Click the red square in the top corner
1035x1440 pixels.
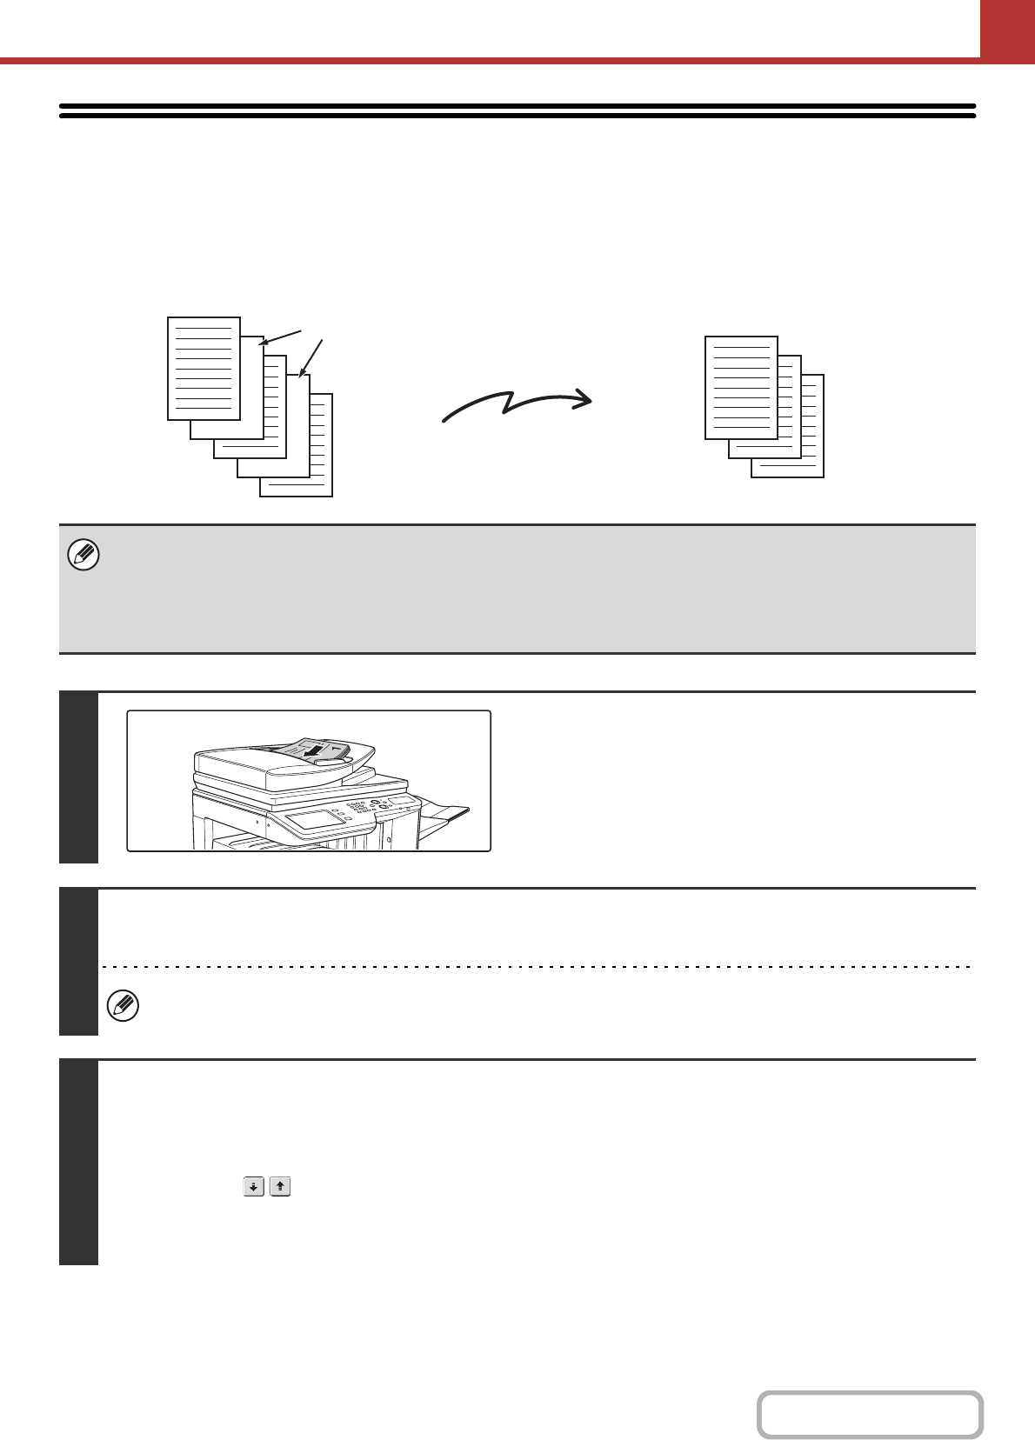[1007, 29]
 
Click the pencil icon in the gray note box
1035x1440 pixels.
[83, 555]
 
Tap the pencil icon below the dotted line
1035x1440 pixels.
[123, 1006]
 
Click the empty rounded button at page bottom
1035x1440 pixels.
[869, 1415]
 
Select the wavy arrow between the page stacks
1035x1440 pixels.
[517, 405]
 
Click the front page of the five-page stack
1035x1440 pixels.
[204, 368]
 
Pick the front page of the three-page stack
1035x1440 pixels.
[741, 387]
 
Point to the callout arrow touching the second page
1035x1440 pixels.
[281, 337]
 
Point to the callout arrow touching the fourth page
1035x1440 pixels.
[311, 357]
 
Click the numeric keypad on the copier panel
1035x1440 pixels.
[356, 808]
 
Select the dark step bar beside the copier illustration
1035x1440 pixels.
[78, 777]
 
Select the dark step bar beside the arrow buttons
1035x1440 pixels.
[78, 1162]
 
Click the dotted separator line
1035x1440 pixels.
[536, 966]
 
